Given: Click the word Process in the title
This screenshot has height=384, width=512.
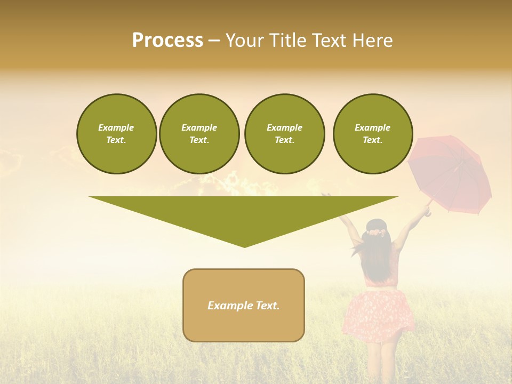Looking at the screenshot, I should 167,41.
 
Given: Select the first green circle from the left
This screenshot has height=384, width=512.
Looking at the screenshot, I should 117,134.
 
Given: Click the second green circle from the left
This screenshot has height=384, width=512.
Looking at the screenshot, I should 199,134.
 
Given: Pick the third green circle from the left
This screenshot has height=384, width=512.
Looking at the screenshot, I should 284,134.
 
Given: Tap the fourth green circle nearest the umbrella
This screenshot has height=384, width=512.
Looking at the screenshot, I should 373,134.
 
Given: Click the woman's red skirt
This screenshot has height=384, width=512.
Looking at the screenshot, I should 380,314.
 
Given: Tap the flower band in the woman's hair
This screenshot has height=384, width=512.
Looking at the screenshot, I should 377,233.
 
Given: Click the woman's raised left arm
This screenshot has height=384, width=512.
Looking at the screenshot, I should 347,219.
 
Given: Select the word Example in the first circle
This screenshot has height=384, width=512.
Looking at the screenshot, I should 116,127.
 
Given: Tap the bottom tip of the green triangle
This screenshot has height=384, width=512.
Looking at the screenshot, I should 244,246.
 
